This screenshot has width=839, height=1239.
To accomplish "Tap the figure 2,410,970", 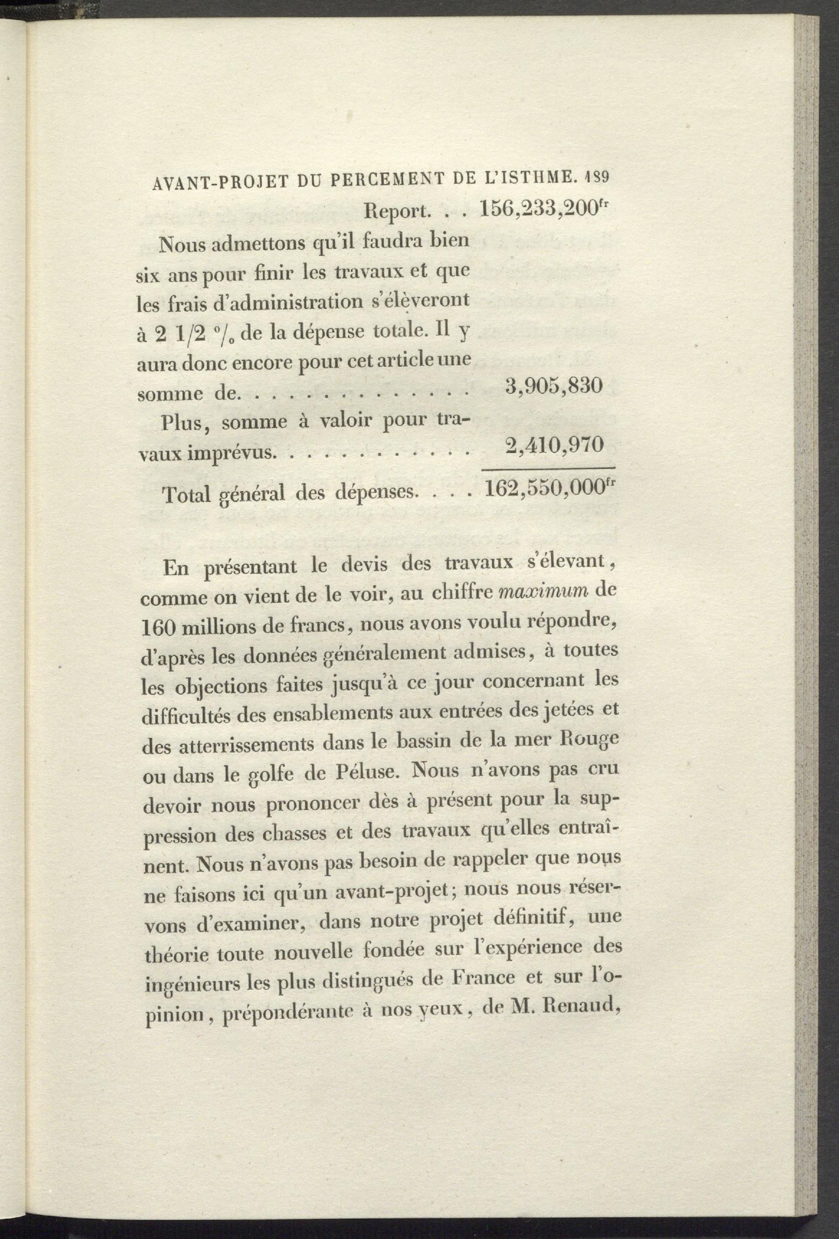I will [x=554, y=443].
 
